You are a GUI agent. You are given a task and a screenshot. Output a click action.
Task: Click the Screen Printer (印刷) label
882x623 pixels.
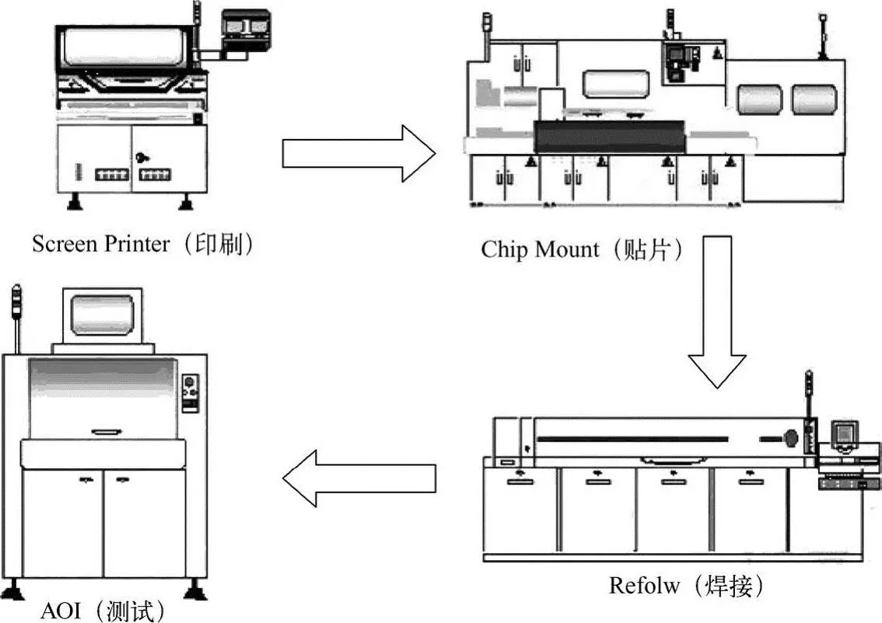[x=144, y=244]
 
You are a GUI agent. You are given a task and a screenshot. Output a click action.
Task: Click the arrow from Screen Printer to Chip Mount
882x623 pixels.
[x=358, y=152]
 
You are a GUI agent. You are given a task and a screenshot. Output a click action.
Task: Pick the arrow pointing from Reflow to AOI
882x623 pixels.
[x=359, y=477]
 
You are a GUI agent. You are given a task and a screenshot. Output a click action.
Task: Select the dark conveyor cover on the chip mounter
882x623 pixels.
[x=608, y=137]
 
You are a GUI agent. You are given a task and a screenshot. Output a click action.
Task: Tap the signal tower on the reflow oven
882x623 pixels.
[x=809, y=396]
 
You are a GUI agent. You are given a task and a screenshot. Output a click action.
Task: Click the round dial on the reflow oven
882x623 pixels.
[x=791, y=437]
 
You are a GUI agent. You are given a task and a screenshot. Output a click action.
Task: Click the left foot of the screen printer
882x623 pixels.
[x=75, y=204]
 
